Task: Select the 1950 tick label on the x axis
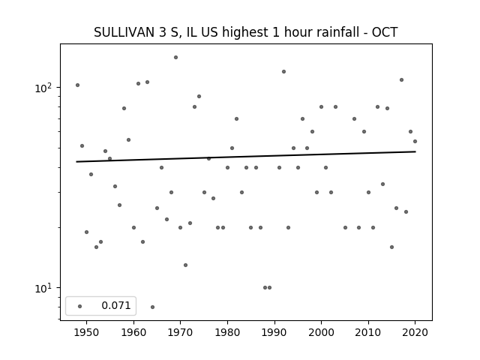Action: click(86, 332)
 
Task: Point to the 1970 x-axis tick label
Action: click(180, 332)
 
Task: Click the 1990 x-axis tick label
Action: click(274, 332)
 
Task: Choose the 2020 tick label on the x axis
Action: click(415, 332)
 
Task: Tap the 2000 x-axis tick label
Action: click(321, 332)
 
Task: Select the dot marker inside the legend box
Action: click(79, 306)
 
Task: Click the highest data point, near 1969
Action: click(175, 57)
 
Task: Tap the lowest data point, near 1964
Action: click(152, 307)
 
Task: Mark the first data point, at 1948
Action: click(77, 85)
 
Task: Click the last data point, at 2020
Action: click(415, 141)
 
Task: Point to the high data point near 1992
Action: click(283, 71)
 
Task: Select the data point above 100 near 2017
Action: click(401, 79)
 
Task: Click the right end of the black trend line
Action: click(415, 151)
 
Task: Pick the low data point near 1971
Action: click(185, 265)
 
